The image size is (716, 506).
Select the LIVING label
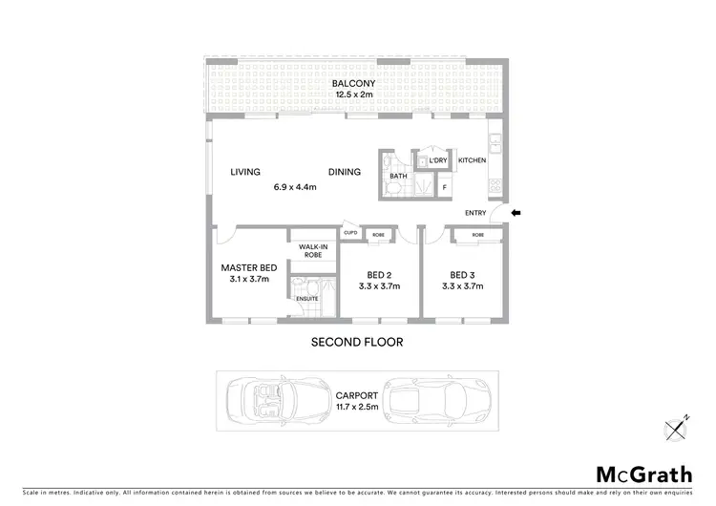(x=245, y=173)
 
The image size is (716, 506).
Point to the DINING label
(x=345, y=173)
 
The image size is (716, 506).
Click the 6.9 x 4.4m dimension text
(x=293, y=187)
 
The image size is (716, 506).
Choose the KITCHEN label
(x=472, y=160)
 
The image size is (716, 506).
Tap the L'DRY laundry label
(x=438, y=160)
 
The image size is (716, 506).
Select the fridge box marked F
(x=444, y=188)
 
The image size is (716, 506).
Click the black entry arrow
(x=516, y=213)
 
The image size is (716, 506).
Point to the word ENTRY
(x=475, y=213)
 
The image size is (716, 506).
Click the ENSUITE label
(x=306, y=300)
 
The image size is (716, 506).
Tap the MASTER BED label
(x=248, y=268)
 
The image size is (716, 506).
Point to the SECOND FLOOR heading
(x=357, y=342)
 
